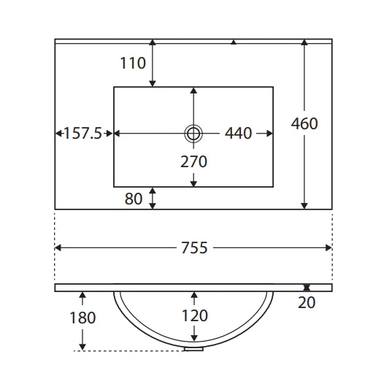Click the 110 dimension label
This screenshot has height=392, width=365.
[x=133, y=63]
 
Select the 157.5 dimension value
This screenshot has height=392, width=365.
[x=83, y=133]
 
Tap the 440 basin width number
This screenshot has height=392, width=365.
[x=238, y=133]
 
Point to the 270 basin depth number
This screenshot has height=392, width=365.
[x=193, y=161]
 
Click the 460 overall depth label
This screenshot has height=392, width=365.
[x=304, y=123]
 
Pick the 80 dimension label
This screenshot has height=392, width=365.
[x=134, y=199]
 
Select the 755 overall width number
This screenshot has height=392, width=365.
[x=194, y=247]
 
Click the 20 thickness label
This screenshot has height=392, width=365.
[x=307, y=303]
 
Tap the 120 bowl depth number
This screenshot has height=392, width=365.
[x=194, y=315]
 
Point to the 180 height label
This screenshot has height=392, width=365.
[x=82, y=318]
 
